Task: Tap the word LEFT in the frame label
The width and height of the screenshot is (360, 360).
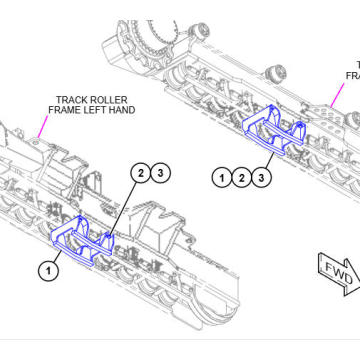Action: [85, 111]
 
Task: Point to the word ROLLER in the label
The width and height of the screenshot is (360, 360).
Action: [111, 100]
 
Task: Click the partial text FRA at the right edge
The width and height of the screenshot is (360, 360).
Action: [352, 74]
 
